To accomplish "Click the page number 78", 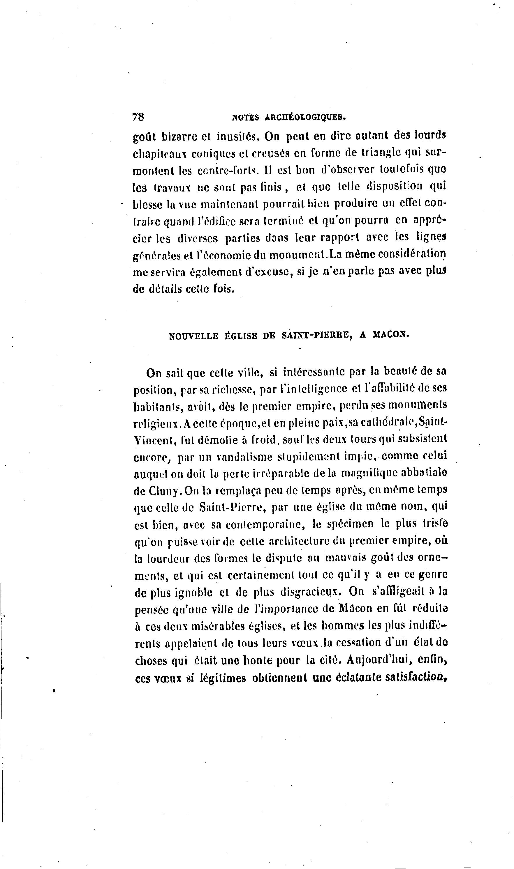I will (x=138, y=117).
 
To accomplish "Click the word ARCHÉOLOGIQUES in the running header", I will (x=305, y=118).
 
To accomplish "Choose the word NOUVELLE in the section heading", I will (x=193, y=336).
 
